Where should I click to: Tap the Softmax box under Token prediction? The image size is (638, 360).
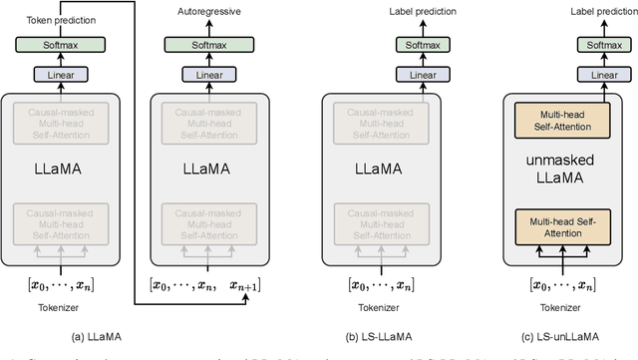[x=60, y=44]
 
